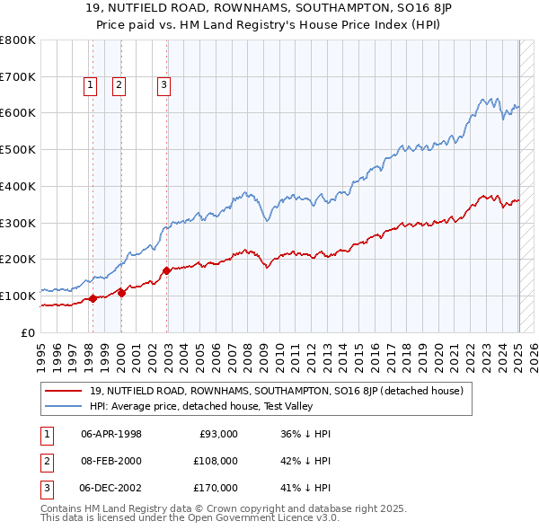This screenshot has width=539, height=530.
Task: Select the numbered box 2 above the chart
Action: [119, 85]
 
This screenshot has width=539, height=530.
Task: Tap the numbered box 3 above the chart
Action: [164, 85]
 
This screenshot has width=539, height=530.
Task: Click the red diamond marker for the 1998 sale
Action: [92, 299]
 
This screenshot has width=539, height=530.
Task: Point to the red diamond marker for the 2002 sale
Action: [167, 270]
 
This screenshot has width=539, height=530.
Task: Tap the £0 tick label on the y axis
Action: [28, 332]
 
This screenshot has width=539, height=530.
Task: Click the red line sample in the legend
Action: [65, 391]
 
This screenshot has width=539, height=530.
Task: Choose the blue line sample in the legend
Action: [65, 406]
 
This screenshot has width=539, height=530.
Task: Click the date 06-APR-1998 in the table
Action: [111, 434]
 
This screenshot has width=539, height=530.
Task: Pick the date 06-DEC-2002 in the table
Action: [111, 488]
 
